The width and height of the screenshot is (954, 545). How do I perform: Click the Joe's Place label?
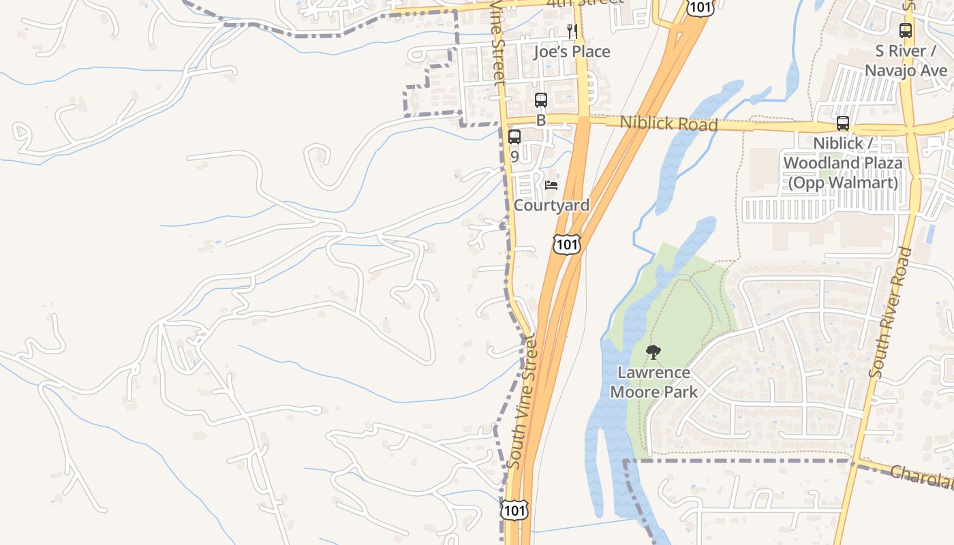pos(572,52)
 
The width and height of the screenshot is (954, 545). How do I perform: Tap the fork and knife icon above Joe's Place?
pos(572,31)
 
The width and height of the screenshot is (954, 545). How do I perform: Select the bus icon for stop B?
pos(541,100)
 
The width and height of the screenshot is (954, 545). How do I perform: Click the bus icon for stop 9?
pos(514,137)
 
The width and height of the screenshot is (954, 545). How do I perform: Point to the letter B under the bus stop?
pos(541,121)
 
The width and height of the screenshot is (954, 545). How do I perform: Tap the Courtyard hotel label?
pos(552,205)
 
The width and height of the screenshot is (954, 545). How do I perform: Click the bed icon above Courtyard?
pos(551,185)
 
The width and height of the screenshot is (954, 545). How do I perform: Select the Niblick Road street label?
pos(668,123)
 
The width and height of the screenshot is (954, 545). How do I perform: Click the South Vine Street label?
pos(523,402)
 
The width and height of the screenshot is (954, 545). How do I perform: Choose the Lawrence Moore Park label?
pos(653,382)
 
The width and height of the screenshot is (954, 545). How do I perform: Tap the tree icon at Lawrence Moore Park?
pos(653,352)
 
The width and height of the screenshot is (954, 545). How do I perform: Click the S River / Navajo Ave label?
pos(905,61)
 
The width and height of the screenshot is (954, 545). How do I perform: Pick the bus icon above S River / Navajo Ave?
pos(906,31)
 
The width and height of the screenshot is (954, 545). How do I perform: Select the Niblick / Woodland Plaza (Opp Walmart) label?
pos(842,163)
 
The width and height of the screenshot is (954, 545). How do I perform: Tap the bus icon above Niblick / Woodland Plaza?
pos(843,123)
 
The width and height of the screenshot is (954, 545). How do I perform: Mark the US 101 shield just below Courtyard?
pos(567,244)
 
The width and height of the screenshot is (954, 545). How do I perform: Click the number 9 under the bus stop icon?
pos(514,157)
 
